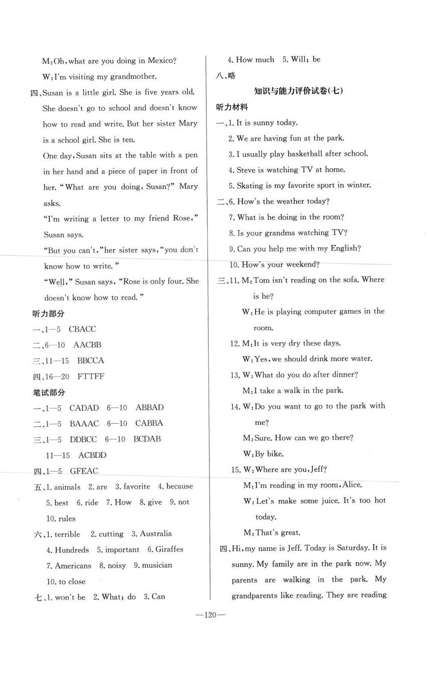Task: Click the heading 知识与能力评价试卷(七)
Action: (298, 91)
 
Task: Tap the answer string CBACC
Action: (82, 329)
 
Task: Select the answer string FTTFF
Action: (91, 377)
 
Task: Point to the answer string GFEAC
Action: (84, 471)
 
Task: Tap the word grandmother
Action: (133, 76)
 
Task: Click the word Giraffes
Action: (169, 549)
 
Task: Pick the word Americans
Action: (73, 566)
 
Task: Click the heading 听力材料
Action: (232, 107)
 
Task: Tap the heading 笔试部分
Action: (49, 393)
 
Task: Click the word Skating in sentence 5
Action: (250, 185)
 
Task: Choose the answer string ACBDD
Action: (93, 455)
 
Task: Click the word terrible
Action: (67, 534)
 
